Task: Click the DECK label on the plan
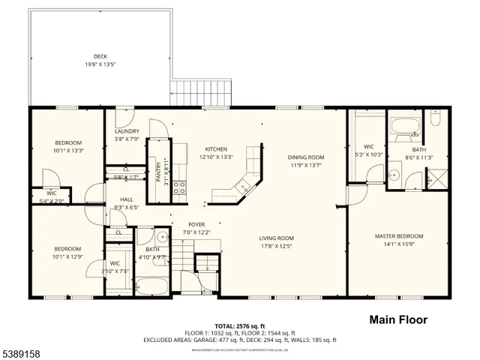pos(100,56)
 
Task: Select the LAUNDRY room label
pos(126,130)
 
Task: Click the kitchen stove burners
pos(180,187)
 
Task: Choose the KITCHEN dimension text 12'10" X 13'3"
pos(217,157)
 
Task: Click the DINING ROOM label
pos(306,157)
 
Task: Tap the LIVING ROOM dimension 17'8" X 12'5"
pos(276,245)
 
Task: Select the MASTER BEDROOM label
pos(399,236)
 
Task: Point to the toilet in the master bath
pos(435,120)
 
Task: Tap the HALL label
pos(127,199)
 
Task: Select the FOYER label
pos(196,223)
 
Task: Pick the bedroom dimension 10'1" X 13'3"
pos(68,150)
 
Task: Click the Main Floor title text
pos(398,320)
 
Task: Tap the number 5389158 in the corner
pos(22,352)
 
